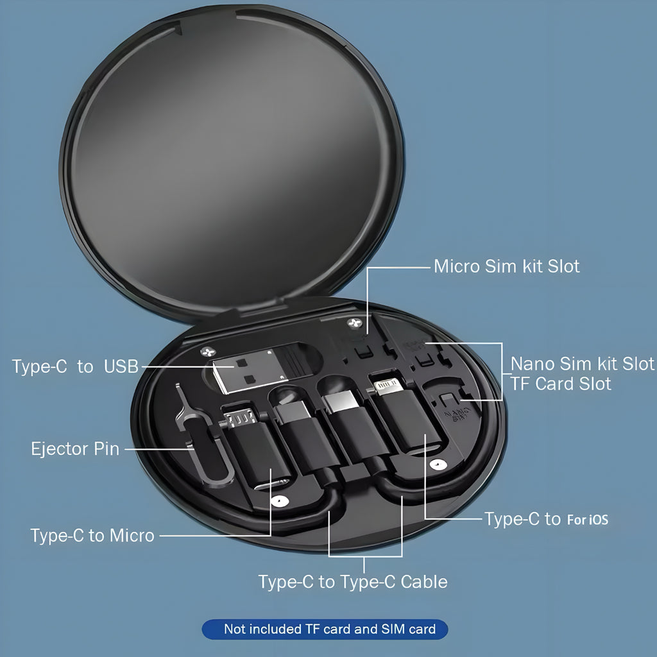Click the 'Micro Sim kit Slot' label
507,266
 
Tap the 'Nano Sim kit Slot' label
583,364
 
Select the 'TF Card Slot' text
561,384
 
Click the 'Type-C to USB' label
75,366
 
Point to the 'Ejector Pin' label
76,448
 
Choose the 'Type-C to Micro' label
92,536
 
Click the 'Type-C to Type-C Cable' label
353,581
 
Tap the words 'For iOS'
588,520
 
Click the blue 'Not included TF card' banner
325,629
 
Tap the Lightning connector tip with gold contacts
388,386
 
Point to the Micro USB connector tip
240,417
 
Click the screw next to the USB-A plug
209,352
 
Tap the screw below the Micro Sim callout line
354,323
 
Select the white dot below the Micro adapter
279,500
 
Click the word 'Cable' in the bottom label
424,581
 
